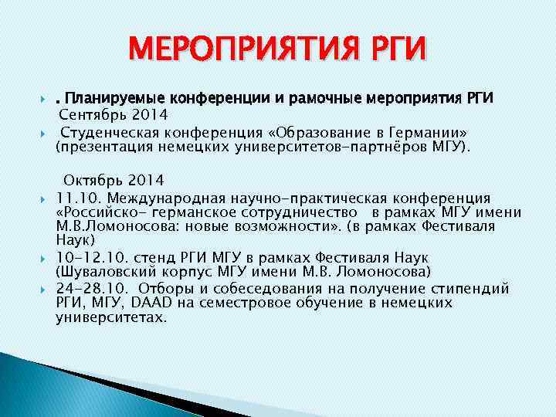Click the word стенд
pos(154,256)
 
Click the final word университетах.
pos(110,317)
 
